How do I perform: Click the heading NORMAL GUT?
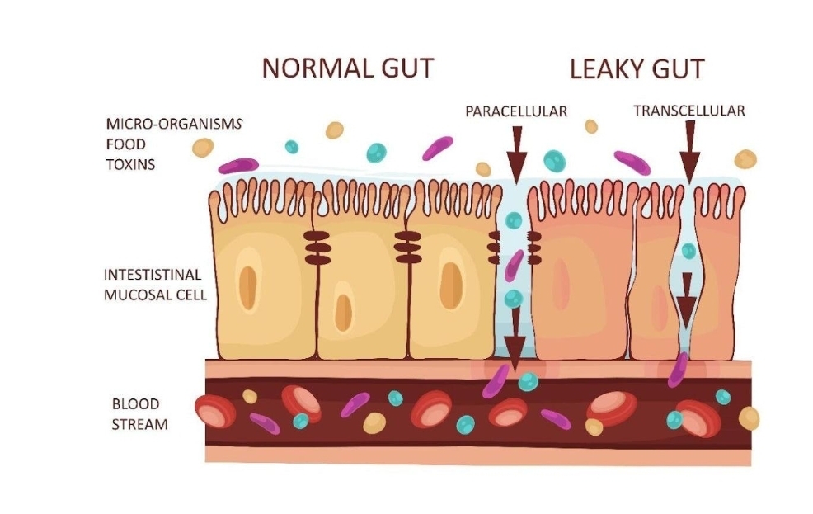pyautogui.click(x=347, y=68)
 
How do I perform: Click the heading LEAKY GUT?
pyautogui.click(x=637, y=69)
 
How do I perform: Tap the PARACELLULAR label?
pyautogui.click(x=516, y=111)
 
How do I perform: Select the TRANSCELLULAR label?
pyautogui.click(x=689, y=111)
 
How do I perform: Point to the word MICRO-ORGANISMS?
pyautogui.click(x=174, y=124)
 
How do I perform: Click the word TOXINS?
pyautogui.click(x=130, y=164)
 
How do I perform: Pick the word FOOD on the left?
pyautogui.click(x=126, y=144)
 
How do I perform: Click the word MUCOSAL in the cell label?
pyautogui.click(x=138, y=295)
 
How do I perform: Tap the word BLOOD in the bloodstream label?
pyautogui.click(x=135, y=404)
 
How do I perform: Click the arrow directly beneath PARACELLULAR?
pyautogui.click(x=516, y=154)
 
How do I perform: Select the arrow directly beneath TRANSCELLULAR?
pyautogui.click(x=689, y=152)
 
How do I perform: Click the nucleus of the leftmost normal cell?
pyautogui.click(x=248, y=288)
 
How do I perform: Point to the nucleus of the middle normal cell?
pyautogui.click(x=343, y=313)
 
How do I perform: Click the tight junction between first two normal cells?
pyautogui.click(x=317, y=248)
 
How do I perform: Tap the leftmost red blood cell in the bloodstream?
pyautogui.click(x=215, y=411)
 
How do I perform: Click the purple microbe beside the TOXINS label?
pyautogui.click(x=238, y=166)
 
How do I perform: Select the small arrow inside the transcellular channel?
pyautogui.click(x=687, y=301)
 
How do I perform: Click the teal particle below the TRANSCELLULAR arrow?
pyautogui.click(x=688, y=251)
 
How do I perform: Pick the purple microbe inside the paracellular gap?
pyautogui.click(x=514, y=266)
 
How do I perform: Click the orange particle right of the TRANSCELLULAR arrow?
pyautogui.click(x=745, y=159)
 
